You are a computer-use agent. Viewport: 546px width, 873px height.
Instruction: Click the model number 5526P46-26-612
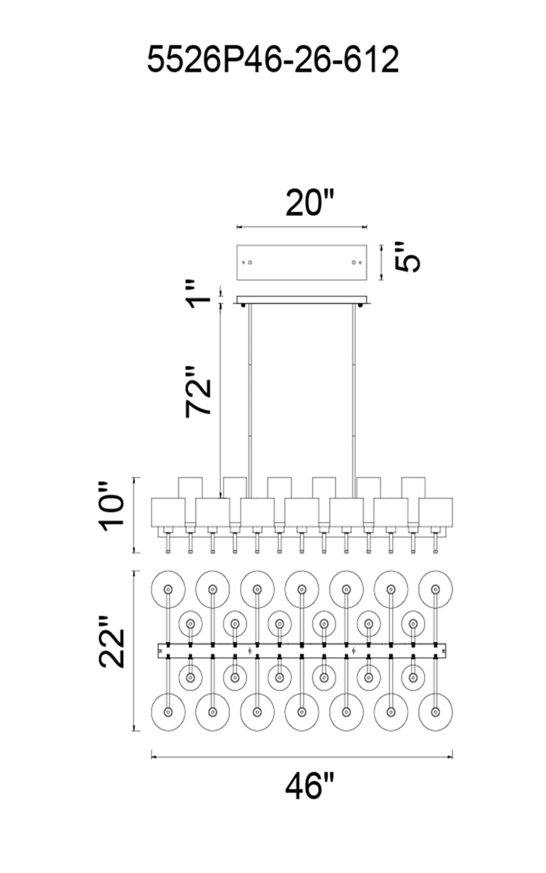click(x=273, y=60)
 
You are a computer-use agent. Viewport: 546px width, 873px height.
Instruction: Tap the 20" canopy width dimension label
click(x=309, y=203)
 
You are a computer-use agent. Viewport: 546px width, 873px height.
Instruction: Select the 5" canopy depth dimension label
click(x=408, y=257)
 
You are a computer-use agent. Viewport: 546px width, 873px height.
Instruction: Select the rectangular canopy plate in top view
click(x=301, y=262)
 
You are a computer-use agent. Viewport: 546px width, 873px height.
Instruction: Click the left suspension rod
click(x=250, y=393)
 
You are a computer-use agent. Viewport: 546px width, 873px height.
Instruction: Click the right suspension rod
click(x=353, y=393)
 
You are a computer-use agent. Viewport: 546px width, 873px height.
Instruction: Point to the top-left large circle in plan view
click(x=168, y=589)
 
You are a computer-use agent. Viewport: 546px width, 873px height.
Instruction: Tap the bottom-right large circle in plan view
click(x=435, y=712)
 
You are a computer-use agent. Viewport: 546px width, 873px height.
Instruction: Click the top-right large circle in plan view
click(x=435, y=589)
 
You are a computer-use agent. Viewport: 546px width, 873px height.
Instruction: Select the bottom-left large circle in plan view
click(x=168, y=712)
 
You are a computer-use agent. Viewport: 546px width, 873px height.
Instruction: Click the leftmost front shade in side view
click(x=168, y=512)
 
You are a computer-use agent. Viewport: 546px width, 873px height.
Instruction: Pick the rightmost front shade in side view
click(x=435, y=512)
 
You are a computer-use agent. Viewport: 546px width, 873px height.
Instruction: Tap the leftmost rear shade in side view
click(x=191, y=487)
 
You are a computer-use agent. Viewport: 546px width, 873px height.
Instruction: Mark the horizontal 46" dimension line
click(x=301, y=757)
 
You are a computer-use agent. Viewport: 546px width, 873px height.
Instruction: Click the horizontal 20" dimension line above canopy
click(x=301, y=226)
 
